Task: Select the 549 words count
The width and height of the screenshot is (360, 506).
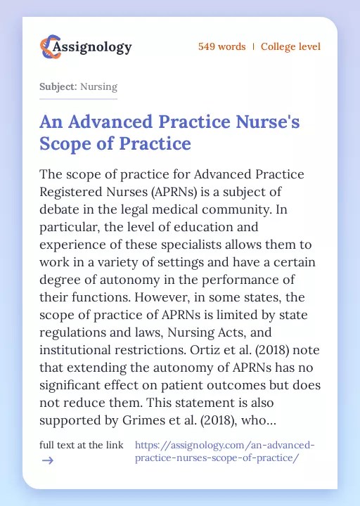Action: (x=221, y=46)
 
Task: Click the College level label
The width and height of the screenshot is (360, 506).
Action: (x=290, y=46)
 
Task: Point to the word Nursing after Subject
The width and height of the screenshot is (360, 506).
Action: (x=98, y=87)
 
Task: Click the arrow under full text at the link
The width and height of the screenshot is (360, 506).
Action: (x=47, y=460)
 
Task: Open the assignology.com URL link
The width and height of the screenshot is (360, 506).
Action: (x=224, y=451)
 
